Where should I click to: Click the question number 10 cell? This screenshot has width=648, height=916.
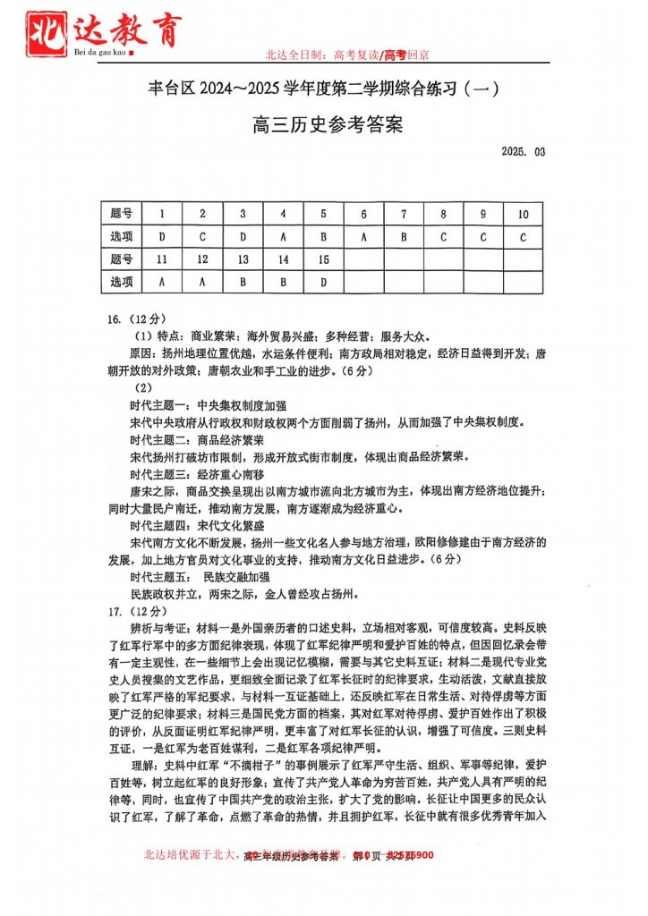(523, 214)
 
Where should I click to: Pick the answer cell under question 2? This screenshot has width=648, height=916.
(203, 236)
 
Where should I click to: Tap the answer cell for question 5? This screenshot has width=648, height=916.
(323, 236)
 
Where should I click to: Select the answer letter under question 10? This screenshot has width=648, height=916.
(523, 236)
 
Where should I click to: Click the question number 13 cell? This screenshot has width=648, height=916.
(243, 259)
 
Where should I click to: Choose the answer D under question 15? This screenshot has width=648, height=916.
(323, 282)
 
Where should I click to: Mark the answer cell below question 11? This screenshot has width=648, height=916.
(162, 282)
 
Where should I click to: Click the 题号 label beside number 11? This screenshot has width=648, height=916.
(122, 259)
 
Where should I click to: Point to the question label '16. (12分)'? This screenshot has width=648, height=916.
(137, 318)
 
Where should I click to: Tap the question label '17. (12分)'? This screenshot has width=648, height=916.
(137, 612)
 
